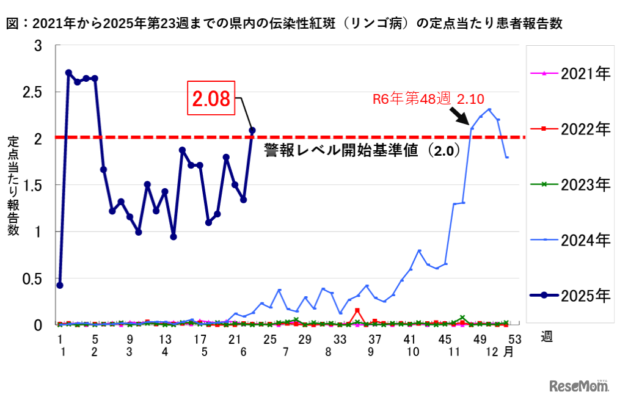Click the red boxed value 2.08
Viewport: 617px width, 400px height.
point(211,99)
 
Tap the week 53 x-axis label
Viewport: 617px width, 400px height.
point(514,339)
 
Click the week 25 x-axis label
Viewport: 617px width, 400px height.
point(269,339)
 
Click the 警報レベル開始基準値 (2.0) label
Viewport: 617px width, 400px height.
point(362,151)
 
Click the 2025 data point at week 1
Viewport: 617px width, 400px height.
point(59,285)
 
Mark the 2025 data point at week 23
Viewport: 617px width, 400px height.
point(252,130)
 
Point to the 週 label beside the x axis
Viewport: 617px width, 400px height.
point(546,337)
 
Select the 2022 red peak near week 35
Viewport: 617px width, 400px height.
point(357,311)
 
